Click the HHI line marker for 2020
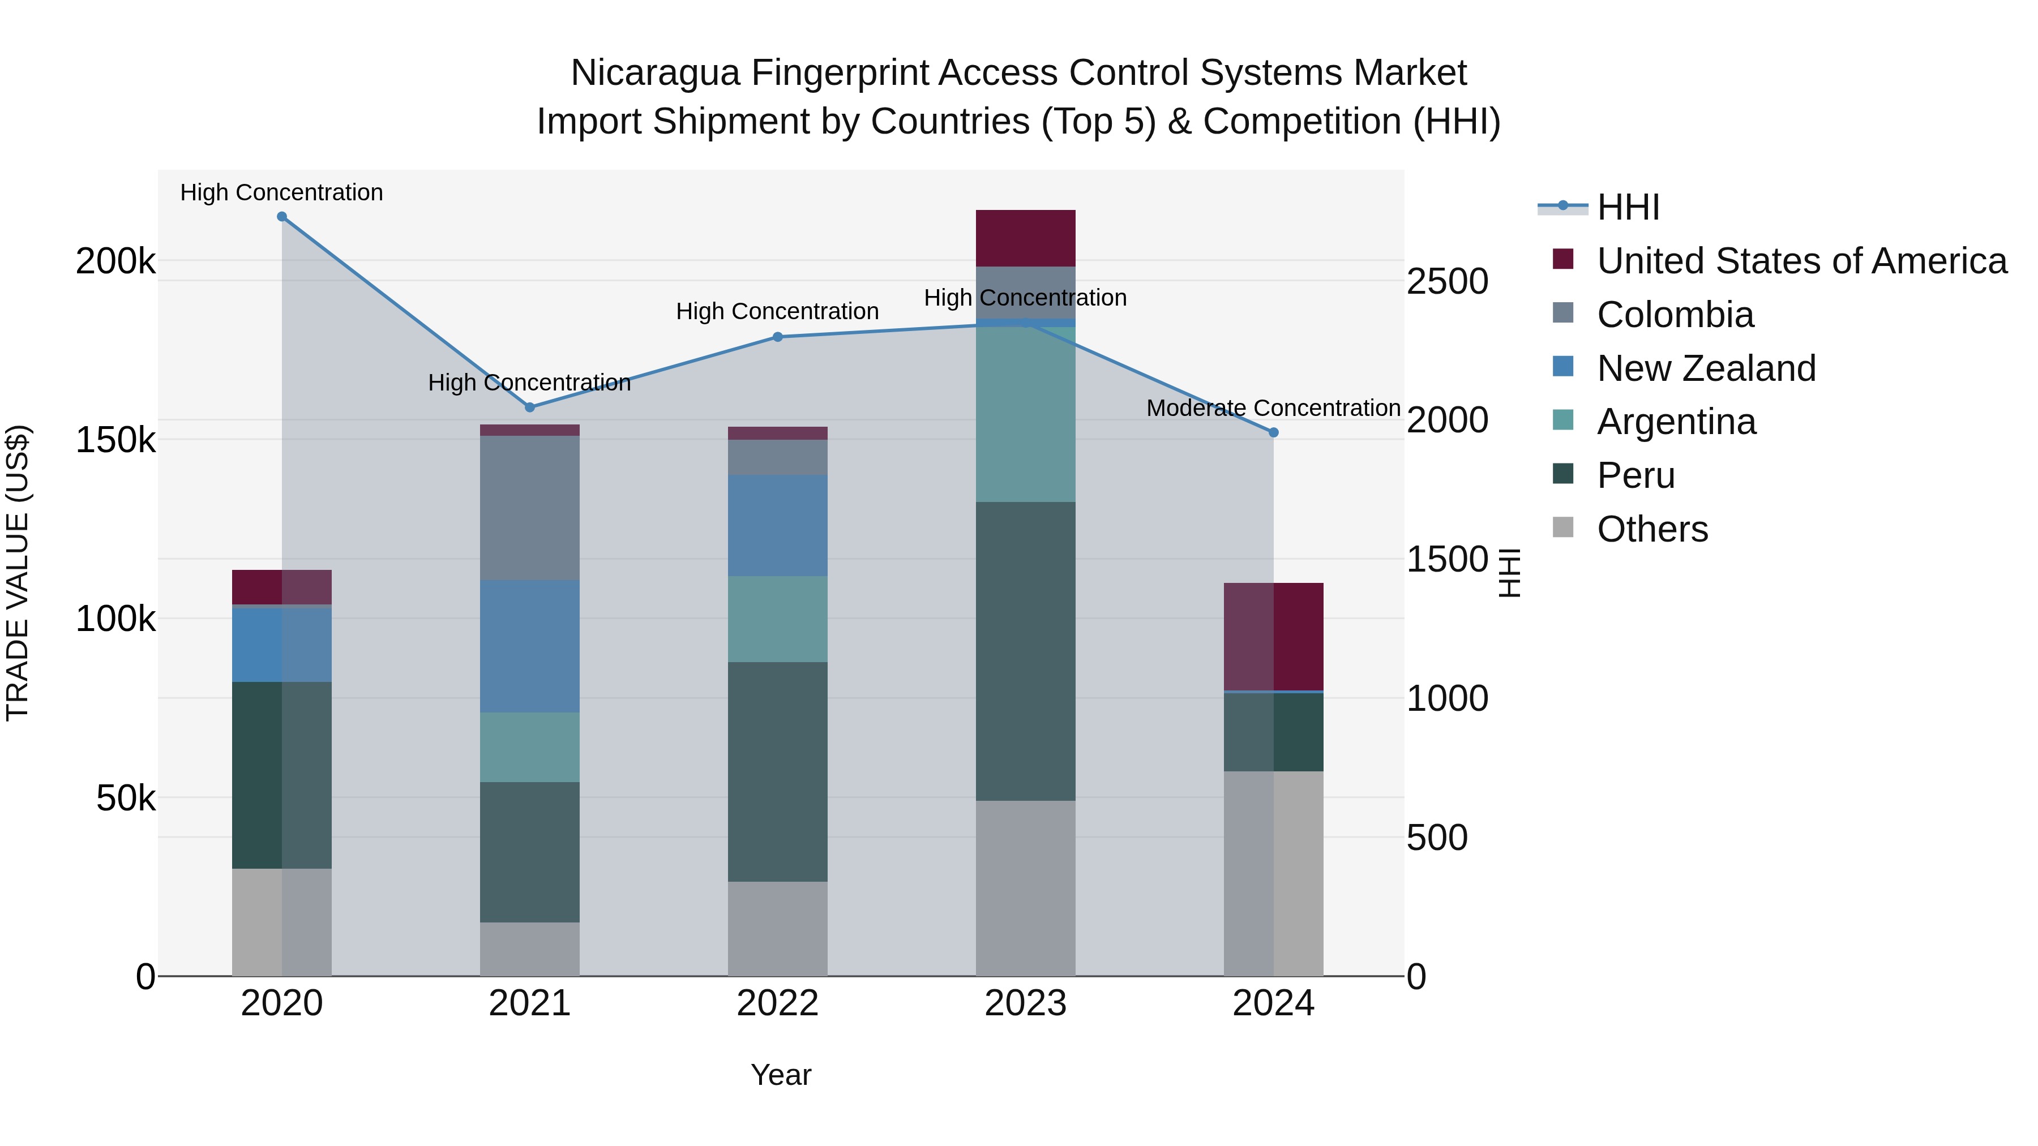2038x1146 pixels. tap(282, 217)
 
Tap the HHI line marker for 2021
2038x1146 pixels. tap(530, 407)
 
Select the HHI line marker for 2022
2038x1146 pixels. tap(778, 337)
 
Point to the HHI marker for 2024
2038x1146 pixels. tap(1274, 432)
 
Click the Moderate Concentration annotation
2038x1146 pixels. tap(1273, 408)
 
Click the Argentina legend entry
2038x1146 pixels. tap(1676, 422)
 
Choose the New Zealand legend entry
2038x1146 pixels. tap(1705, 368)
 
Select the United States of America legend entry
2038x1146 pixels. tap(1801, 261)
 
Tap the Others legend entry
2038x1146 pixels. tap(1652, 529)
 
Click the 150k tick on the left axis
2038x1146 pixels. tap(115, 440)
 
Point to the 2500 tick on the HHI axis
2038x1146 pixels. tap(1447, 282)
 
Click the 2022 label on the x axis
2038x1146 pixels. tap(778, 1003)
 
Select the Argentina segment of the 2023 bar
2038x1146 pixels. tap(1025, 414)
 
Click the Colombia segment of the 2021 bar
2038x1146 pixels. tap(530, 508)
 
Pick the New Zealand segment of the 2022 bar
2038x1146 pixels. tap(778, 525)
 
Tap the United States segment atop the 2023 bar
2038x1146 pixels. tap(1025, 238)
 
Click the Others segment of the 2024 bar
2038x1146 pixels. tap(1274, 873)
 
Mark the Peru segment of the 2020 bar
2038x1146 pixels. tap(282, 775)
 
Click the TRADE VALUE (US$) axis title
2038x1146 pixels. tap(18, 573)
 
